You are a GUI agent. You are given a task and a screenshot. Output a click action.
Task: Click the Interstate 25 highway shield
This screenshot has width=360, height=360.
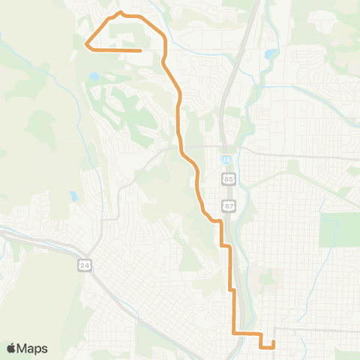coord(226,160)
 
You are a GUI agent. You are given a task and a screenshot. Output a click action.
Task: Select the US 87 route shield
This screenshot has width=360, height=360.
coord(229,205)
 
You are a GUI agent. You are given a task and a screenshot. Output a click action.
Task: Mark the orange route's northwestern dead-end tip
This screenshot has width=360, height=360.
coord(141,50)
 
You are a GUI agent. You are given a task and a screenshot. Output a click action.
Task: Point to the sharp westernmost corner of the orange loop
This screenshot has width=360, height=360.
coord(87,44)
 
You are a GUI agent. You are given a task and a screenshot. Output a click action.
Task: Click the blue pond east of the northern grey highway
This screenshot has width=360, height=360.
coord(269,54)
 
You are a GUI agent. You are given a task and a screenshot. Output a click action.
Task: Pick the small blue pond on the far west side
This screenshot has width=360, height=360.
coord(73,196)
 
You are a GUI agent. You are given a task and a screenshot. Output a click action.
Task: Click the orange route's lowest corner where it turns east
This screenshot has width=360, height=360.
coord(234,331)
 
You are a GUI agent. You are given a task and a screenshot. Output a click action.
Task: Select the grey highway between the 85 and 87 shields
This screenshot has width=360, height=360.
coord(227,192)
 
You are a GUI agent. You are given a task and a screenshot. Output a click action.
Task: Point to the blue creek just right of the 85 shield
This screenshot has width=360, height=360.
coord(239,180)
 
